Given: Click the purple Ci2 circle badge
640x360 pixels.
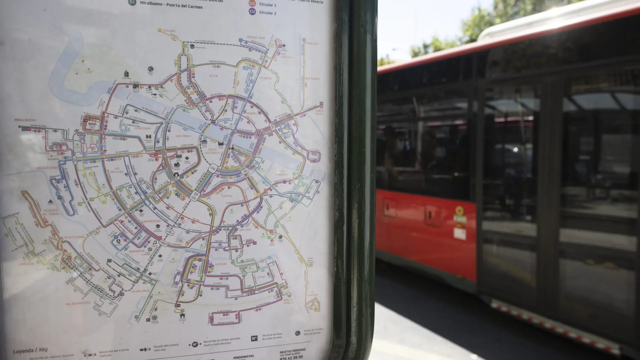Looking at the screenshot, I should click(x=252, y=12).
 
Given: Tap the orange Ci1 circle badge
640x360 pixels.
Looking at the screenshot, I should click(x=252, y=4).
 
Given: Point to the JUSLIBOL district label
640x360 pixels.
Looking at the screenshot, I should click(x=170, y=31).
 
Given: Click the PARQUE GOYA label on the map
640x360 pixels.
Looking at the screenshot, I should click(x=255, y=37).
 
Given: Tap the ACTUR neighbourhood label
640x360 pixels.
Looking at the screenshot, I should click(x=213, y=76).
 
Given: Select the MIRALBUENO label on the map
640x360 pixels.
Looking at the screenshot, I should click(x=25, y=120).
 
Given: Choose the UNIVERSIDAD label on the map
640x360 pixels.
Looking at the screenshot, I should click(x=151, y=221).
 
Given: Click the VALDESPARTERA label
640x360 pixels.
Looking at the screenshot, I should click(x=78, y=303).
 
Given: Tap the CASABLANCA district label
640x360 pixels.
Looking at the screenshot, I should click(x=140, y=291).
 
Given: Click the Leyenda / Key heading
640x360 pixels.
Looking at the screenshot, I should click(x=30, y=350).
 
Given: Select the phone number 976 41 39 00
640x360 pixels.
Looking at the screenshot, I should click(x=291, y=357).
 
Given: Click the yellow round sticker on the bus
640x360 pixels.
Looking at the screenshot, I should click(x=459, y=211).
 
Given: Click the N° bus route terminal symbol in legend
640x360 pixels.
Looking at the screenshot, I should click(x=254, y=339).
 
